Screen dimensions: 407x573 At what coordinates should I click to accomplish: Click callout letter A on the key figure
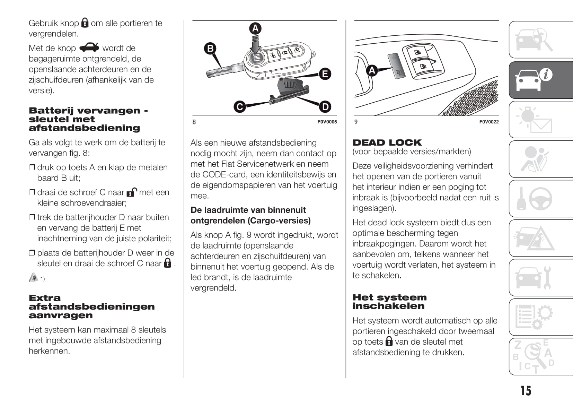click(255, 28)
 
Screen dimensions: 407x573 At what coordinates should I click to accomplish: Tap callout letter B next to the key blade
click(210, 48)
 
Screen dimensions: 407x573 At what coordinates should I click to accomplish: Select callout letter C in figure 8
click(240, 106)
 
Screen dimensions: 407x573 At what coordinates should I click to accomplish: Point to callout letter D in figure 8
click(325, 107)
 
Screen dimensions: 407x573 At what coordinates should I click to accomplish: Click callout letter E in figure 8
click(325, 74)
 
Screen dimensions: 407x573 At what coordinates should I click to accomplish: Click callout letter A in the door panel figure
click(372, 71)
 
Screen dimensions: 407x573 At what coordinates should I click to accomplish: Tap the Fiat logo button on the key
click(256, 58)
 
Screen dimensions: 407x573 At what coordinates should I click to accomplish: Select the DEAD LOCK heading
click(387, 142)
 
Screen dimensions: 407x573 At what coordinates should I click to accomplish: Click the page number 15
click(526, 391)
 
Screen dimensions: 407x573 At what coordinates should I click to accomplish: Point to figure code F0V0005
click(327, 122)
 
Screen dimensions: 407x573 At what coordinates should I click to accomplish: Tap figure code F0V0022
click(489, 122)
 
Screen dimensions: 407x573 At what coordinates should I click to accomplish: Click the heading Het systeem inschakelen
click(389, 302)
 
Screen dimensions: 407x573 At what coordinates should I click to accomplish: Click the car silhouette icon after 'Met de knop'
click(89, 47)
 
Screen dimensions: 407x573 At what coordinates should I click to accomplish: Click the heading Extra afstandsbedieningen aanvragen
click(91, 306)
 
